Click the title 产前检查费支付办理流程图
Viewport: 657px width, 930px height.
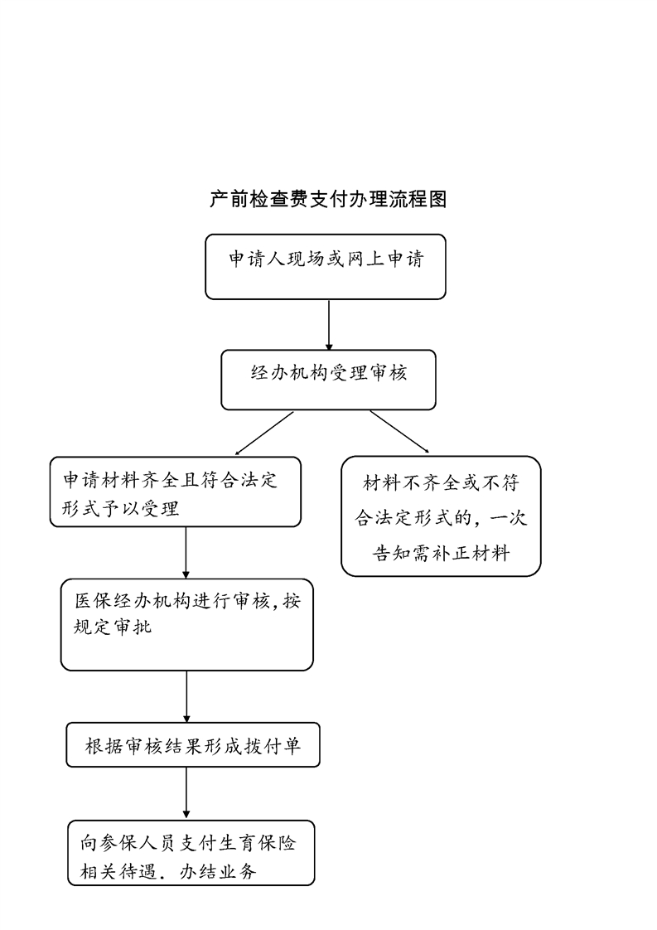pyautogui.click(x=328, y=199)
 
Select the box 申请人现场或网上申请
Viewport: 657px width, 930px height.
pyautogui.click(x=326, y=267)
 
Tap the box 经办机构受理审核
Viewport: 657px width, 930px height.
pyautogui.click(x=328, y=380)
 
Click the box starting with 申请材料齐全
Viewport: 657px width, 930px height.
pyautogui.click(x=176, y=492)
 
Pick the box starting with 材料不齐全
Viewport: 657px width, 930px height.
pyautogui.click(x=441, y=516)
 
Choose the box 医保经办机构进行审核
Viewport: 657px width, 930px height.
pyautogui.click(x=186, y=624)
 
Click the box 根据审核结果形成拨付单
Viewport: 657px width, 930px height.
pyautogui.click(x=193, y=744)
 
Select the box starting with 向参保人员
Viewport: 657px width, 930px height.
pyautogui.click(x=191, y=853)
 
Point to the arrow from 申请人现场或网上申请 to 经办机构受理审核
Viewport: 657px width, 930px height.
pyautogui.click(x=329, y=325)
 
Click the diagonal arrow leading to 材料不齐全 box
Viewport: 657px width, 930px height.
pyautogui.click(x=399, y=432)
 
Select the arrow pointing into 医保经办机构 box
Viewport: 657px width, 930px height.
pyautogui.click(x=186, y=553)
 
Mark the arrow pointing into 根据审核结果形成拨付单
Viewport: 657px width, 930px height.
pyautogui.click(x=186, y=697)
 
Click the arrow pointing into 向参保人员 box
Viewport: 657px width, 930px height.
pyautogui.click(x=186, y=793)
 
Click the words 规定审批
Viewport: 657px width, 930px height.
pyautogui.click(x=113, y=627)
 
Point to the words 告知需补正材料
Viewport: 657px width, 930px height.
pyautogui.click(x=441, y=554)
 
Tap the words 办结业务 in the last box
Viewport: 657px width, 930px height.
pyautogui.click(x=218, y=871)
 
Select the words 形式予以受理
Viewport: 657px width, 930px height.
pyautogui.click(x=121, y=508)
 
